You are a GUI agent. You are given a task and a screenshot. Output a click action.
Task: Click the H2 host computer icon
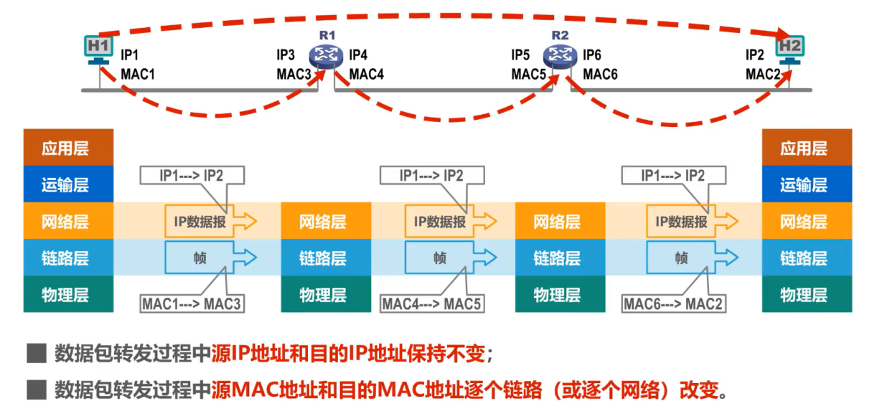(789, 50)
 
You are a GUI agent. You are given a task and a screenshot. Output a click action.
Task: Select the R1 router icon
(325, 55)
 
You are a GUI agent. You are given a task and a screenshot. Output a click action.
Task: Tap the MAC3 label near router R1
(294, 74)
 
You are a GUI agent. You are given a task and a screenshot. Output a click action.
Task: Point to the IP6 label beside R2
(592, 55)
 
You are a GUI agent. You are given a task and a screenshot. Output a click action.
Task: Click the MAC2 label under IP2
(762, 74)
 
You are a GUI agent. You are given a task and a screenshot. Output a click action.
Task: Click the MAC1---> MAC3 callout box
(192, 304)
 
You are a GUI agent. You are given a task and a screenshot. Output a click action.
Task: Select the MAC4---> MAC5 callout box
(432, 304)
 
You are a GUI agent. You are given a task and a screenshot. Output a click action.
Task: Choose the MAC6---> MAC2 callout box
(673, 304)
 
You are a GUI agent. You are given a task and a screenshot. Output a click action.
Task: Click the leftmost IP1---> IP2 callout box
(192, 175)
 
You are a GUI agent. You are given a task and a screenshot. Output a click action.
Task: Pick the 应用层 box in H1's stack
(68, 148)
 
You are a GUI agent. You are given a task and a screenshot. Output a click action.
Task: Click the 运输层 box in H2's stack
(807, 184)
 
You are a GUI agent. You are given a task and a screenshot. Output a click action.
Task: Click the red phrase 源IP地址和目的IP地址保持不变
(348, 353)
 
